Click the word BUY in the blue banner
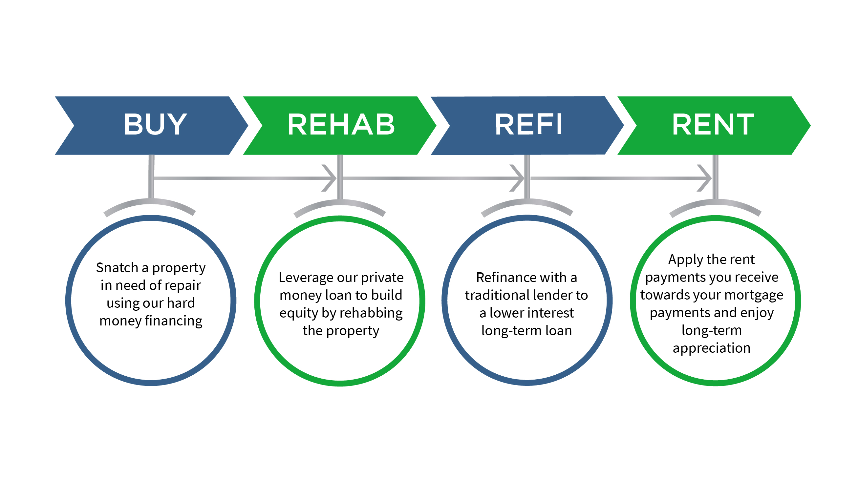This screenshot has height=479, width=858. pyautogui.click(x=155, y=124)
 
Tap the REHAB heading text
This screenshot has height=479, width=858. pyautogui.click(x=341, y=124)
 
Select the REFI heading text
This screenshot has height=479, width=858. pyautogui.click(x=528, y=124)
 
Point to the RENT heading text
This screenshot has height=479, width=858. pyautogui.click(x=713, y=124)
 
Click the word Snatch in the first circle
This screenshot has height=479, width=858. pyautogui.click(x=117, y=268)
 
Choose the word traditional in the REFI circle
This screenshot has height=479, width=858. pyautogui.click(x=501, y=296)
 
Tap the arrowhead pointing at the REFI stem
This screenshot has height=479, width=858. pyautogui.click(x=517, y=178)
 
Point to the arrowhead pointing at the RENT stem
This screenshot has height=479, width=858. pyautogui.click(x=704, y=178)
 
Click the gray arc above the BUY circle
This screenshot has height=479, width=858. pyautogui.click(x=150, y=202)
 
